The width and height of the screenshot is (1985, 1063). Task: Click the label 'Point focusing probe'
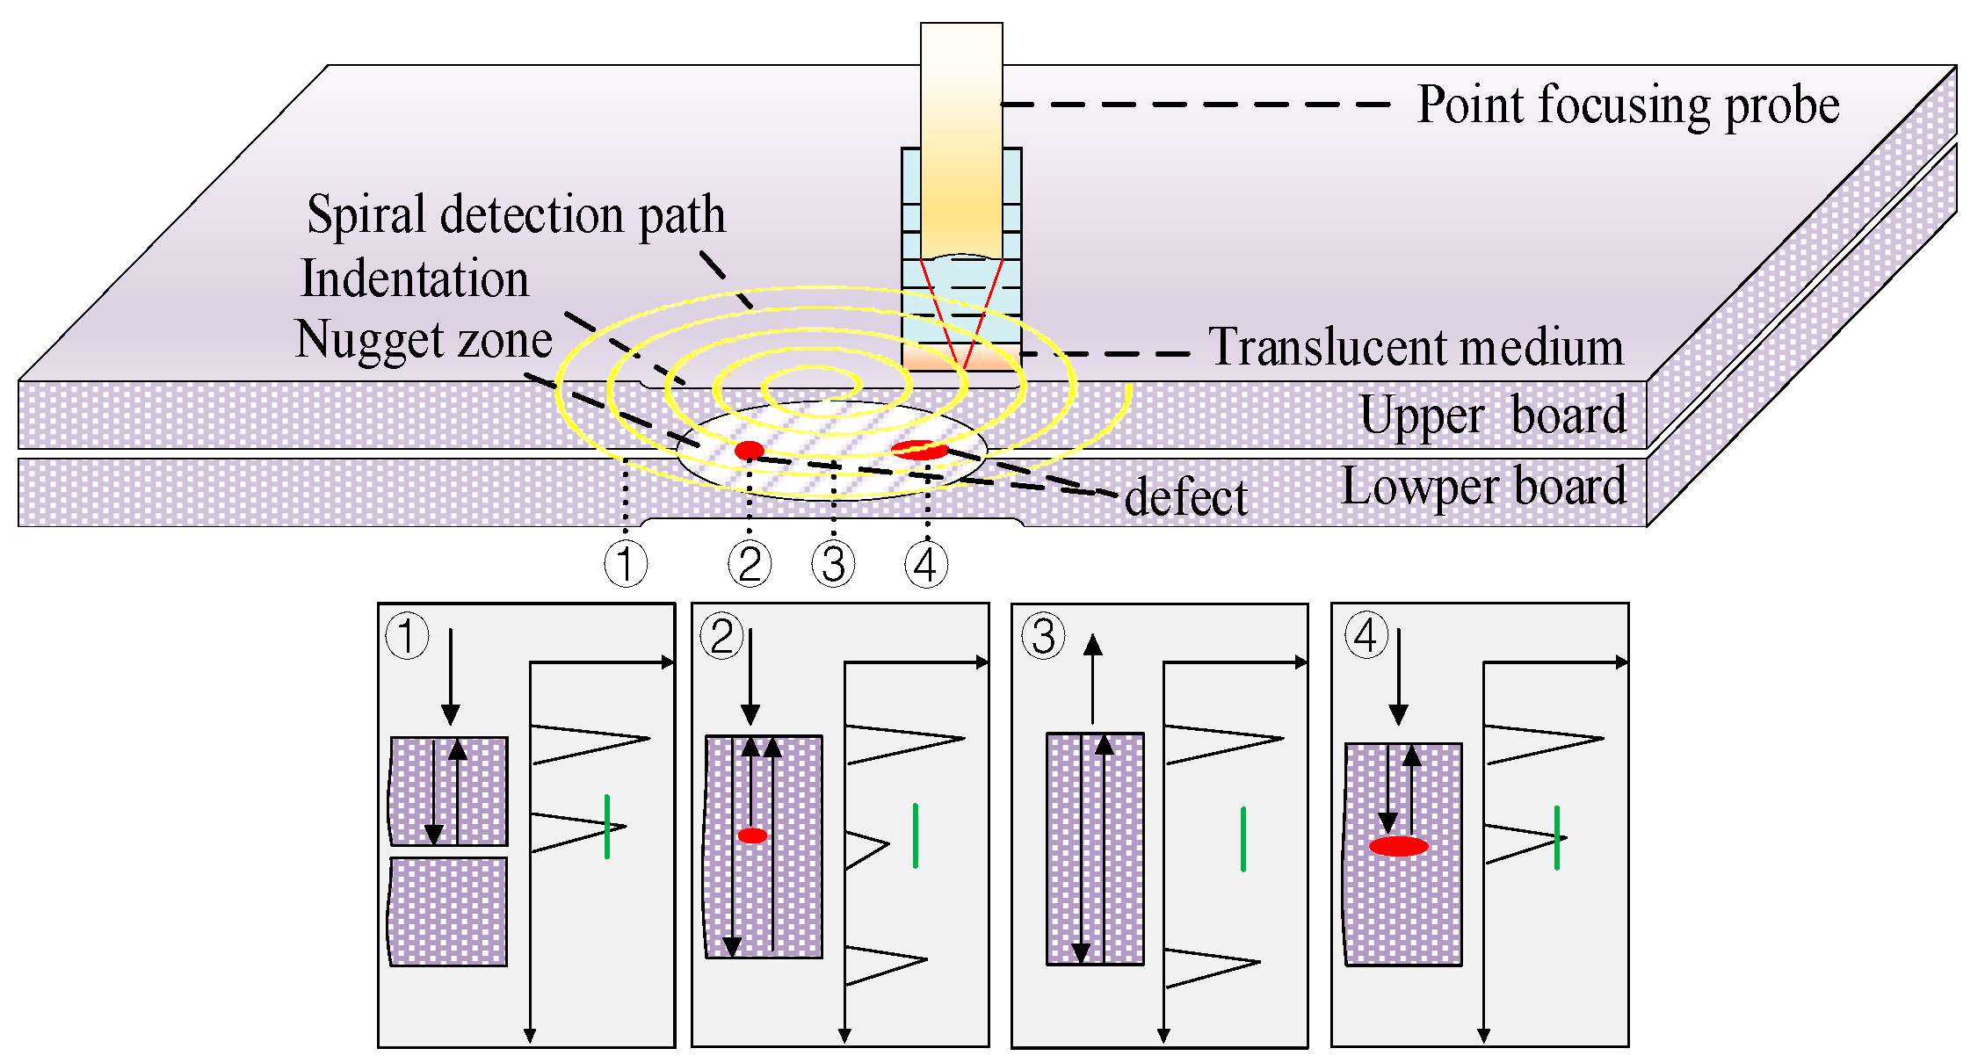[x=1627, y=105]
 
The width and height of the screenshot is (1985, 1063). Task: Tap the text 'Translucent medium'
[x=1415, y=347]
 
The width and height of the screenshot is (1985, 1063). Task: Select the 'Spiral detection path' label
[x=517, y=214]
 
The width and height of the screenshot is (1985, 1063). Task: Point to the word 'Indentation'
[x=415, y=279]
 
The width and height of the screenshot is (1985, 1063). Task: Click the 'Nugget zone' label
[x=424, y=340]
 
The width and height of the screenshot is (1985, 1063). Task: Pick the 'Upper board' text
[x=1492, y=415]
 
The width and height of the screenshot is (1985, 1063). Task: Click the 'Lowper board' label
[x=1483, y=487]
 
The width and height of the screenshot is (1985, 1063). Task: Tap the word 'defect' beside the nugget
[x=1185, y=497]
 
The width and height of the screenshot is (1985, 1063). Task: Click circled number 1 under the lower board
[x=626, y=564]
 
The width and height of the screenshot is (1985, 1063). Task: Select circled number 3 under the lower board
[x=833, y=564]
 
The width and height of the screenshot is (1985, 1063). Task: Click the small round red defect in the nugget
[x=749, y=451]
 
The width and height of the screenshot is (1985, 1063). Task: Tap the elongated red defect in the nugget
[x=919, y=450]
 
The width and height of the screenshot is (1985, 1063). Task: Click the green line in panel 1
[x=607, y=826]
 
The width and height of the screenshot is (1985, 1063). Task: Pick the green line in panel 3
[x=1242, y=839]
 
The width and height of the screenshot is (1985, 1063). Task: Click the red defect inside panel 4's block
[x=1398, y=847]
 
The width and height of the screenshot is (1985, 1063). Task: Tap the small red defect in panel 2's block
[x=752, y=835]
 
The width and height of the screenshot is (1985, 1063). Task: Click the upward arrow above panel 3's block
[x=1092, y=676]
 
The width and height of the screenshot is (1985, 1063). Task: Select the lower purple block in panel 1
[x=448, y=912]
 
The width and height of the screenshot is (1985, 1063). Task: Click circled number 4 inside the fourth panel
[x=1366, y=636]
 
